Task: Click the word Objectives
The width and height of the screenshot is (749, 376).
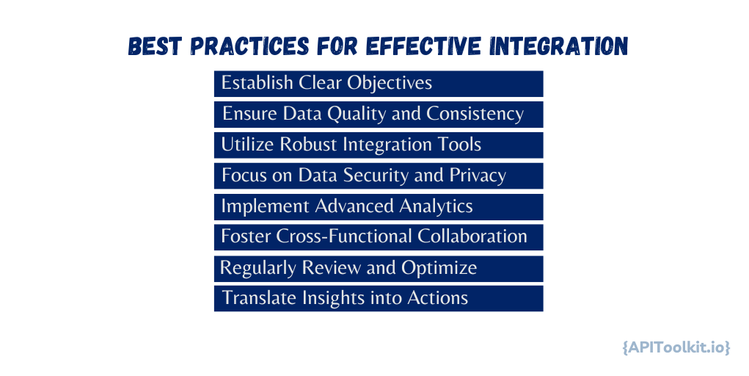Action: point(389,83)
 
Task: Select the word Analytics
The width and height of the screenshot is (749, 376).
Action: point(436,206)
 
